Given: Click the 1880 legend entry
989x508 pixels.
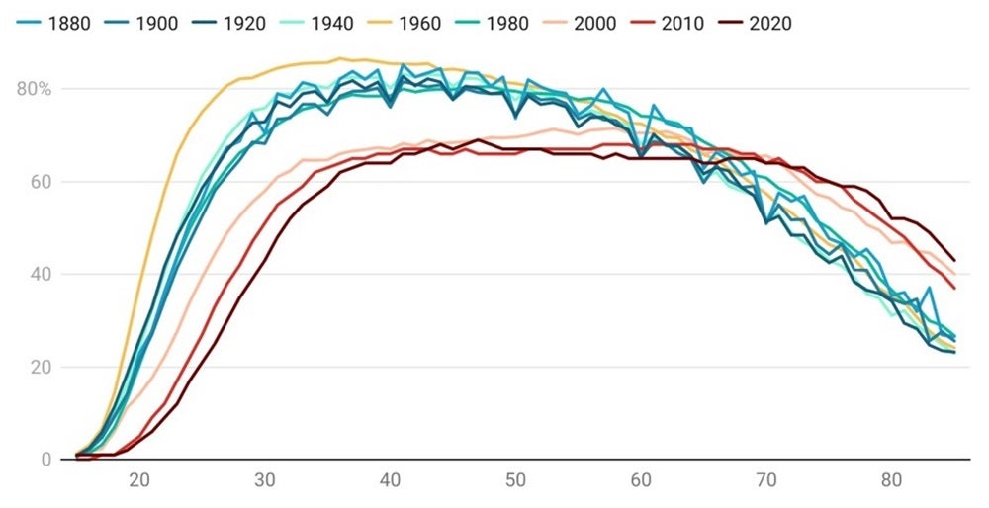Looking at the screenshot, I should pyautogui.click(x=57, y=23).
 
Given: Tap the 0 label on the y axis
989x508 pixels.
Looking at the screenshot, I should pyautogui.click(x=45, y=460).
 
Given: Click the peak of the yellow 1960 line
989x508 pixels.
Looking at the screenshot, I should pyautogui.click(x=339, y=58).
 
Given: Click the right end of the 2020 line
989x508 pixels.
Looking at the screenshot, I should pyautogui.click(x=954, y=260).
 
